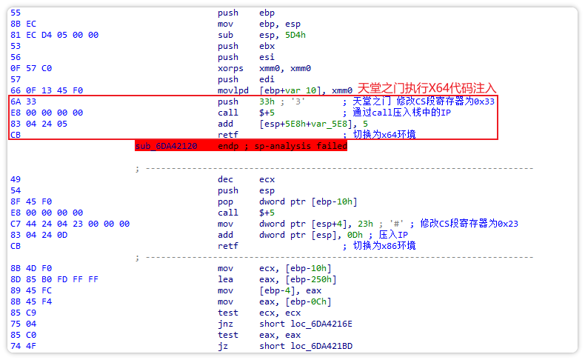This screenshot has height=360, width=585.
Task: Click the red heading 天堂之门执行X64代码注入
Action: point(427,88)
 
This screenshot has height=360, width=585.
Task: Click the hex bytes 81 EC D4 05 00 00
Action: point(54,35)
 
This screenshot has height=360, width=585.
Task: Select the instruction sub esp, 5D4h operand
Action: point(284,35)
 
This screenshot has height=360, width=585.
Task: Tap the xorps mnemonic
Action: point(231,68)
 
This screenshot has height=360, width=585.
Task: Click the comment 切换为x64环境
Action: point(384,135)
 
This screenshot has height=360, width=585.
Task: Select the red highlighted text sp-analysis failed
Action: point(301,147)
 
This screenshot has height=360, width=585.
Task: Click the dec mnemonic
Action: point(226,179)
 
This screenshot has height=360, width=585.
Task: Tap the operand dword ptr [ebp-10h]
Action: point(309,201)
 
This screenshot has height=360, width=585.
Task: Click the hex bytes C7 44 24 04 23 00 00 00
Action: point(70,224)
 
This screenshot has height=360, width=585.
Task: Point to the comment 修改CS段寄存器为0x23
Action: point(469,224)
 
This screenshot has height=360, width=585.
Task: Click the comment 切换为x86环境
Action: point(384,246)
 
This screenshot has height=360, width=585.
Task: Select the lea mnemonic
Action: point(226,279)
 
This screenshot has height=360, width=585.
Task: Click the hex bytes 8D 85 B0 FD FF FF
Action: point(54,279)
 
